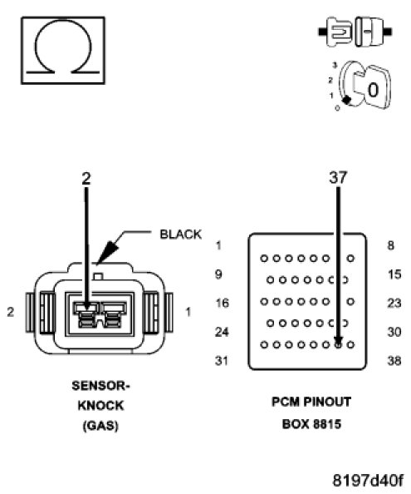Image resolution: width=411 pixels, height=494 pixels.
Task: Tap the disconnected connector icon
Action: pyautogui.click(x=355, y=32)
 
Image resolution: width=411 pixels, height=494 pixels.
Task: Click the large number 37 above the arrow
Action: pyautogui.click(x=338, y=177)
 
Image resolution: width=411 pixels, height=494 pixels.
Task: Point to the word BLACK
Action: pyautogui.click(x=180, y=235)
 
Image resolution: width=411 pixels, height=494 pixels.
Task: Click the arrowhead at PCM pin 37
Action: pyautogui.click(x=339, y=341)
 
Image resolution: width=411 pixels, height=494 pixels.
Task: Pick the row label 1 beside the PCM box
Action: pyautogui.click(x=219, y=245)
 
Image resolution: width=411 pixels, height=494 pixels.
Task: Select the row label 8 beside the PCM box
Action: pyautogui.click(x=390, y=245)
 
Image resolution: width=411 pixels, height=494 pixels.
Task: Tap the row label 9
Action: pyautogui.click(x=218, y=274)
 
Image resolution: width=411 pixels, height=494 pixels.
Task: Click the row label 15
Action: pyautogui.click(x=394, y=274)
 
